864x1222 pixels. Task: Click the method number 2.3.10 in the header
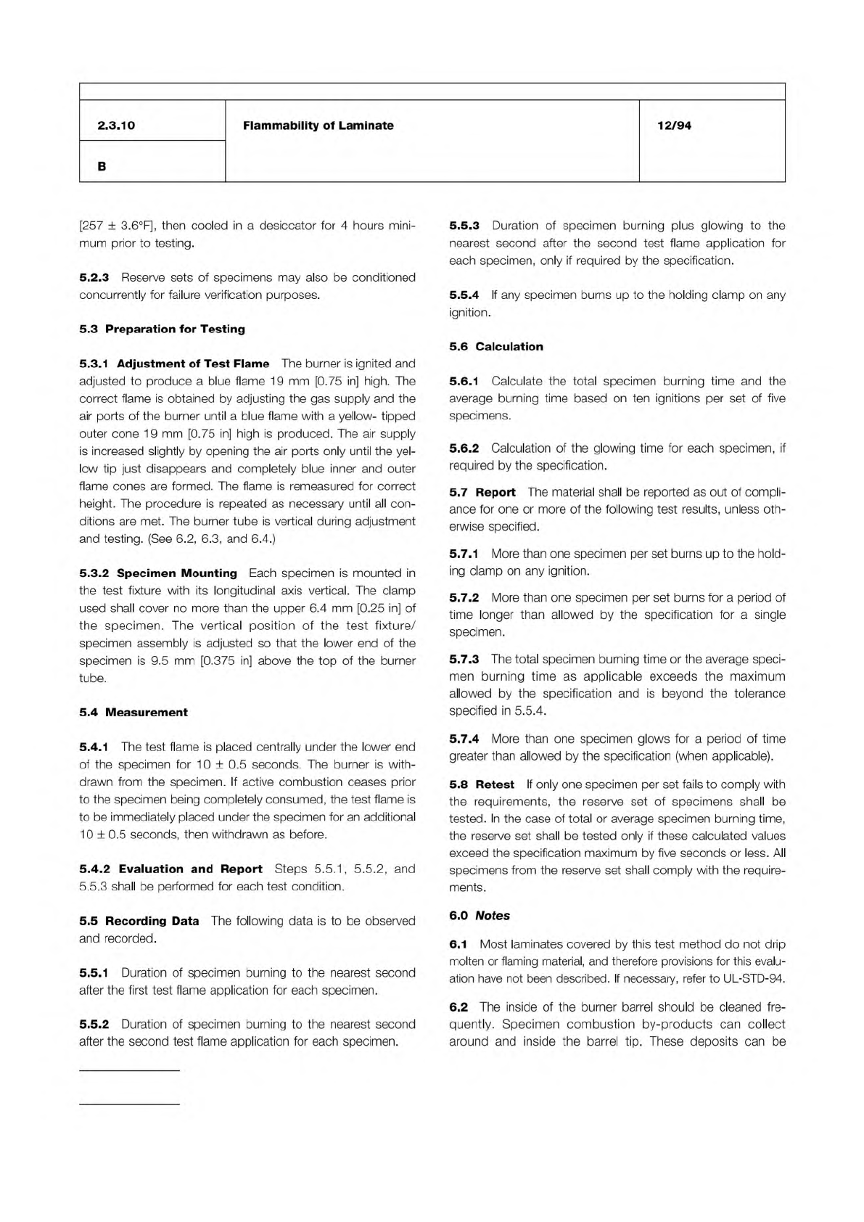coord(116,126)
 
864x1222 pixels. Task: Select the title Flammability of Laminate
coord(318,126)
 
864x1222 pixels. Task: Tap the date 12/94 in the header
coord(674,126)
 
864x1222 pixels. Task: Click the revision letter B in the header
coord(102,166)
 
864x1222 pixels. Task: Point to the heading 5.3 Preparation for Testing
coord(162,329)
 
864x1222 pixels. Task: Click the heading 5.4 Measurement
coord(133,713)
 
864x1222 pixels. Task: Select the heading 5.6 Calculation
coord(496,347)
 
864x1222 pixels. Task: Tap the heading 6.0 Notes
coord(480,916)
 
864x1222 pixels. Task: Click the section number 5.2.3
coord(94,278)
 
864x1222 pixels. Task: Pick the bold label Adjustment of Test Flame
coord(193,364)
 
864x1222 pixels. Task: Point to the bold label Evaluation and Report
coord(191,869)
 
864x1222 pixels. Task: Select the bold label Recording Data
coord(152,922)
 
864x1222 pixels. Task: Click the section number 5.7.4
coord(464,739)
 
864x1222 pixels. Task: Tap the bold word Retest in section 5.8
coord(495,785)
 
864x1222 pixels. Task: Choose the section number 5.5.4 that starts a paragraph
coord(464,295)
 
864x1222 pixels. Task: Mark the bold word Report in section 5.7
coord(495,493)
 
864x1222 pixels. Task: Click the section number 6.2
coord(458,1007)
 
